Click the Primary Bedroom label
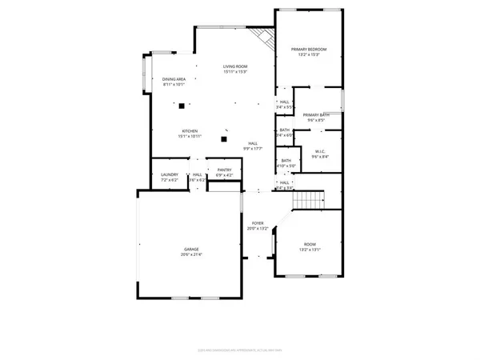(308, 50)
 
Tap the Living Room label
(235, 66)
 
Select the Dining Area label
(174, 79)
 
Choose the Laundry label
(169, 175)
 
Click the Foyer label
(258, 223)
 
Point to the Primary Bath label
(316, 115)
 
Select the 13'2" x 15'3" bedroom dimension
(308, 55)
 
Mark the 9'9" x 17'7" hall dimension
(253, 149)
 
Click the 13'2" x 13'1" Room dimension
(309, 249)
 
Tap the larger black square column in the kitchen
(182, 106)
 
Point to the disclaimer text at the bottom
(239, 348)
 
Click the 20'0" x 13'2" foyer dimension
(258, 229)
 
